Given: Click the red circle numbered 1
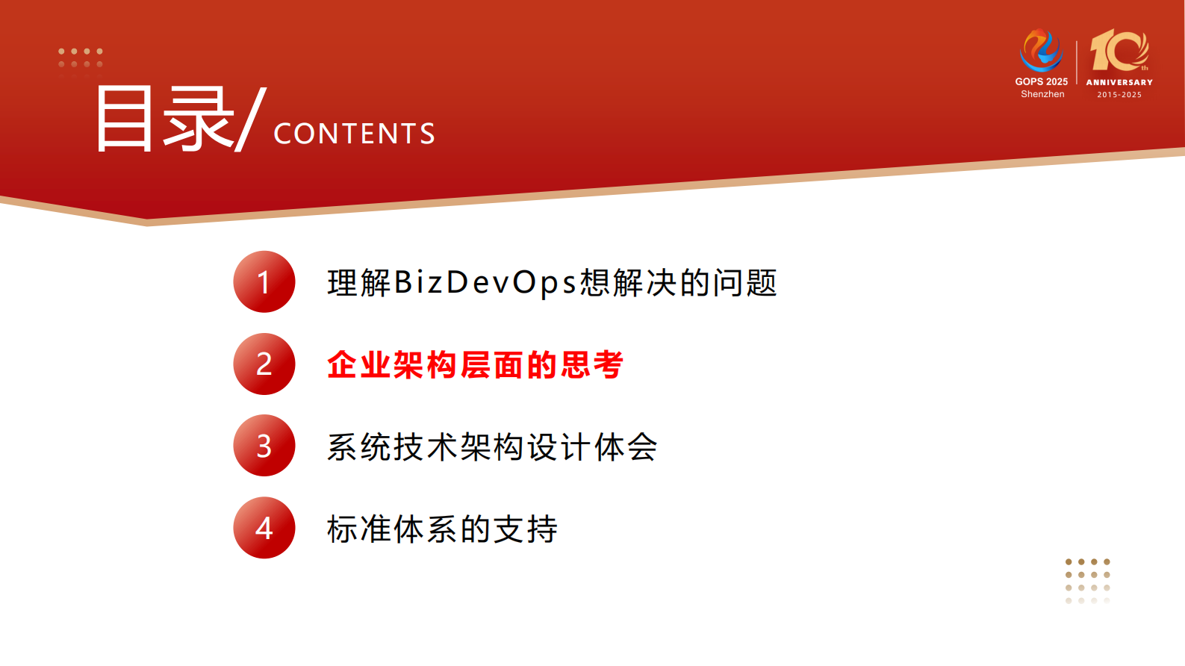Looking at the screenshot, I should (264, 281).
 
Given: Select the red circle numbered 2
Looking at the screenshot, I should (264, 364).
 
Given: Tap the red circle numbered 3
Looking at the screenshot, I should (264, 446).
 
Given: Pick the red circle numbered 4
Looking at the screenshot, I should (264, 528).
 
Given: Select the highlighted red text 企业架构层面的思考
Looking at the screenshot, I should (475, 365).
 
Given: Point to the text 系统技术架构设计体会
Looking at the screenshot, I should (492, 447).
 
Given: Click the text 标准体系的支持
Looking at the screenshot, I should (442, 529).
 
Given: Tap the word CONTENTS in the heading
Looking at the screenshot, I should (355, 134).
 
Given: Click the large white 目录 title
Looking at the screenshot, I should (164, 119).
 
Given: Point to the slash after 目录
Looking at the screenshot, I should (251, 119).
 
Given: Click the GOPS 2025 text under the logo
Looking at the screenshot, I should (1041, 81).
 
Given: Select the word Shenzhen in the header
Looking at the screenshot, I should (1042, 94).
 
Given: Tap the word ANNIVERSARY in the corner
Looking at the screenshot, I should (1119, 82).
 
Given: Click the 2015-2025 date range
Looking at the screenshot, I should (1119, 95).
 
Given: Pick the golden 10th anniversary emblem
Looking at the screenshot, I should (1119, 51).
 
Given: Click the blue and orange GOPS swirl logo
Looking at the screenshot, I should (1041, 50).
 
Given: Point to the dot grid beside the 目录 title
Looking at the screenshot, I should (81, 58).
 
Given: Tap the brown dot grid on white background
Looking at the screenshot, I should (1088, 580).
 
